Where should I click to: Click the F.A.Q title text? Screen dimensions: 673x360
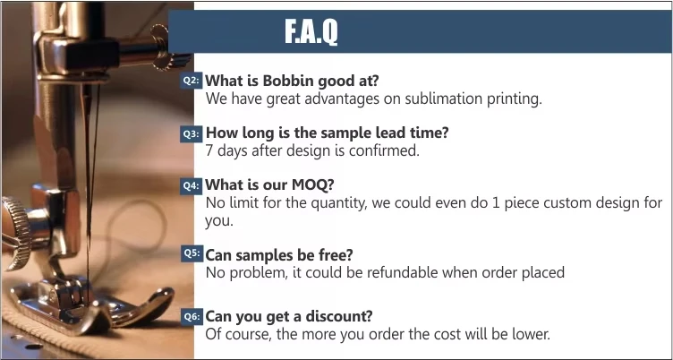pos(311,31)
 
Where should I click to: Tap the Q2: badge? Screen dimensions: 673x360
pos(191,81)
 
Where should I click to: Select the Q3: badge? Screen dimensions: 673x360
pos(191,133)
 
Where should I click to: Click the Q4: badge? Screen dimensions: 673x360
pos(191,185)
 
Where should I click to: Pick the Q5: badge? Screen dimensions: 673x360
pos(192,253)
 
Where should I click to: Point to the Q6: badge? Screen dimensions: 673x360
pos(191,317)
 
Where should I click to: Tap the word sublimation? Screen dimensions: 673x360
pos(443,99)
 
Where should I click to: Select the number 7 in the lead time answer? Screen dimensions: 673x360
pos(209,150)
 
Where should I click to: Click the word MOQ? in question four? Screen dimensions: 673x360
pos(312,184)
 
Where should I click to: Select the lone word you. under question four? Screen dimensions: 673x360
pos(219,221)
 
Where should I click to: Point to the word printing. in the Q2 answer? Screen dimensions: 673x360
pos(515,99)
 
